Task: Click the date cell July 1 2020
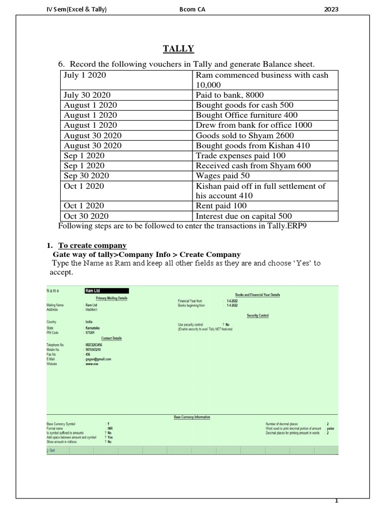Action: click(x=85, y=75)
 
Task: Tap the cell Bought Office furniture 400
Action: click(x=247, y=115)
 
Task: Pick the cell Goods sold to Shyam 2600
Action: click(x=245, y=135)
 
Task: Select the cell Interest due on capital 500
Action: click(x=244, y=216)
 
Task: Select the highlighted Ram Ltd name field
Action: click(x=106, y=291)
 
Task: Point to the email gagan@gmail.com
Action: click(x=98, y=359)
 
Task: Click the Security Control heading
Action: click(x=258, y=316)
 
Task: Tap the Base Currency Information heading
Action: click(x=192, y=417)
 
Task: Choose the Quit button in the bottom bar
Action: click(x=52, y=450)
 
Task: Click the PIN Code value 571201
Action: click(x=91, y=332)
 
